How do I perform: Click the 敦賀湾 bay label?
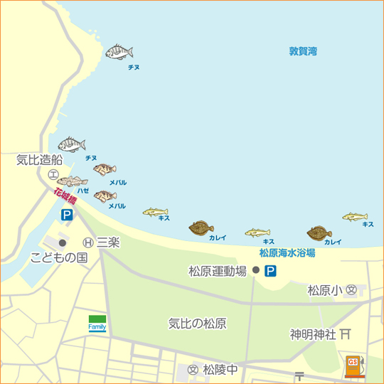point(303,51)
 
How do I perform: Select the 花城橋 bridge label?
point(65,196)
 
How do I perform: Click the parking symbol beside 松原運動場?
point(270,270)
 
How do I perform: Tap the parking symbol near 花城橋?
point(66,214)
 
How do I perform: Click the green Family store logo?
point(97,323)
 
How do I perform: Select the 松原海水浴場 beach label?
point(287,252)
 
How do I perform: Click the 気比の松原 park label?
point(197,324)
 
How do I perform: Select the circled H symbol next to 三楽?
point(88,242)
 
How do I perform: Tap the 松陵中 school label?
point(220,370)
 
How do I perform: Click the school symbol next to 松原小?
point(351,290)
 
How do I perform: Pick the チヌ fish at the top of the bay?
point(119,52)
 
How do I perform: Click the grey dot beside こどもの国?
point(63,242)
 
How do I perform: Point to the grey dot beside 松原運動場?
point(255,270)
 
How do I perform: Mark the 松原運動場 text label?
point(218,271)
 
